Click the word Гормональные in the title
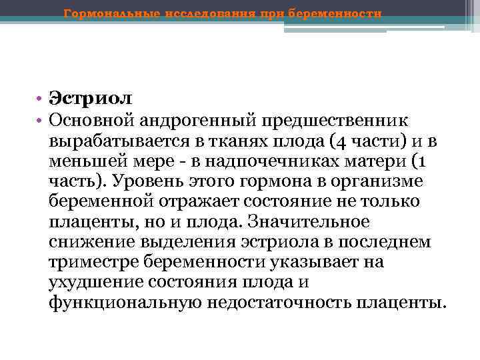(107, 13)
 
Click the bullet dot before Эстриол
(41, 99)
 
